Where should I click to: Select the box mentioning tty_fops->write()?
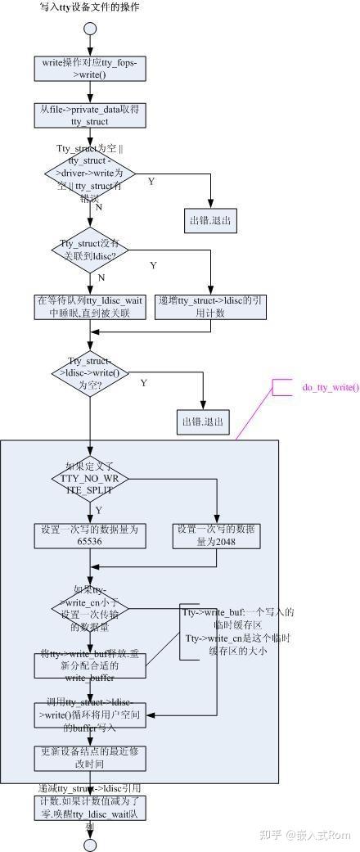click(x=90, y=69)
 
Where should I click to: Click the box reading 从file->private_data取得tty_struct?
click(x=90, y=114)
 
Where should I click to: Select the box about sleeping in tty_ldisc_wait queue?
click(x=90, y=305)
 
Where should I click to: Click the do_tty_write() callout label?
click(x=330, y=386)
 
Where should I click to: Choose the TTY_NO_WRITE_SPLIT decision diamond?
click(x=90, y=478)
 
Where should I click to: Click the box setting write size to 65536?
click(x=90, y=535)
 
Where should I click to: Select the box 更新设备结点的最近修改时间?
click(x=90, y=757)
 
